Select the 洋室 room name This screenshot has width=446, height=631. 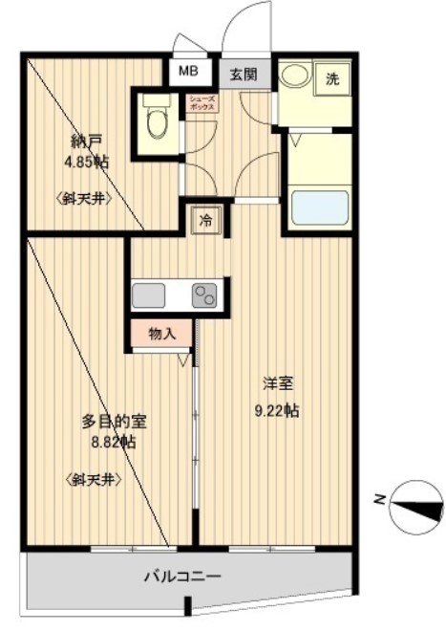tap(278, 384)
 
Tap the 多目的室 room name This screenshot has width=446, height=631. tap(114, 421)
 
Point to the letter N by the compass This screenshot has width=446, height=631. tap(378, 498)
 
